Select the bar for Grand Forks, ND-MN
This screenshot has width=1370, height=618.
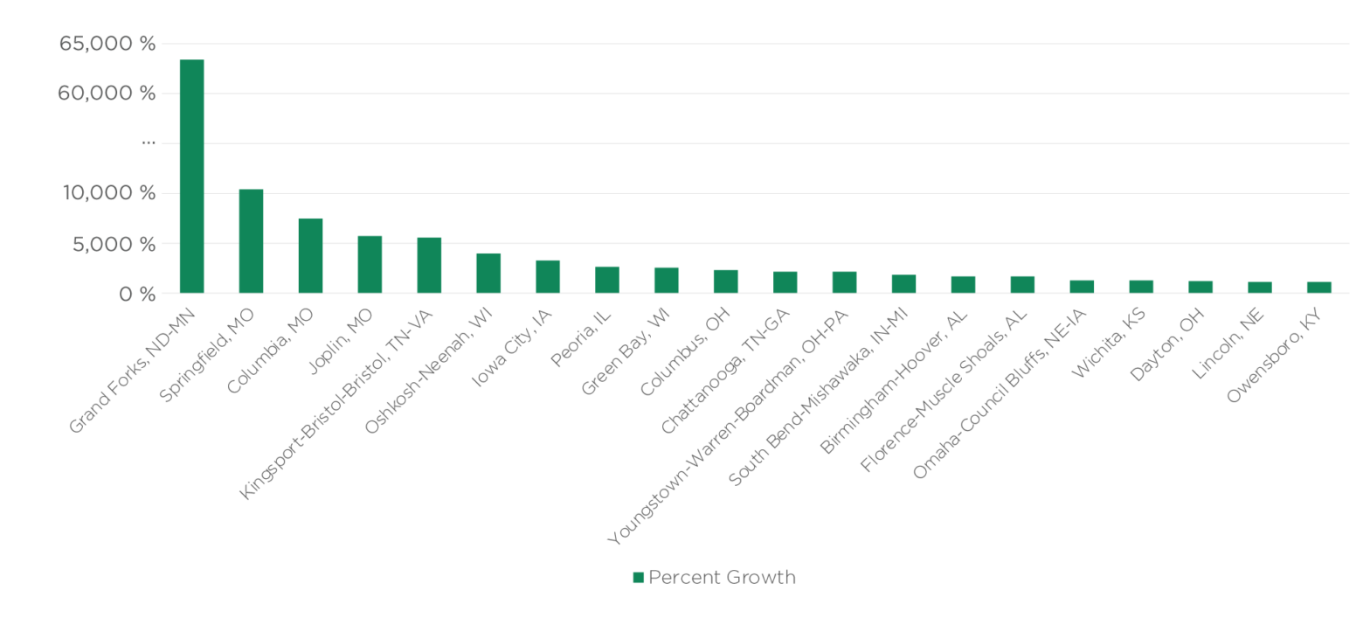coord(191,176)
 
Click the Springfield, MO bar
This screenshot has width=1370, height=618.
coord(251,240)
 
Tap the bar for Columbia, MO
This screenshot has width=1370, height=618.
coord(310,255)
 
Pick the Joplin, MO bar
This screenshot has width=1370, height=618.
coord(370,264)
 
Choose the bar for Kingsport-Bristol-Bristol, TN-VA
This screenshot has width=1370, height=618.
coord(429,265)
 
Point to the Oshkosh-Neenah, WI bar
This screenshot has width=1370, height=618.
coord(488,273)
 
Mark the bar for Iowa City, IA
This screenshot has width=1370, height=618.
coord(548,276)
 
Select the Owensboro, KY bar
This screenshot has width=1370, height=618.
coord(1319,287)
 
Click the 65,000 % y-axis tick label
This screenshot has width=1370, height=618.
coord(107,44)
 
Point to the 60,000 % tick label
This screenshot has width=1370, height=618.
coord(107,94)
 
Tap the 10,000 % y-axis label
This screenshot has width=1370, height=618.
coord(108,193)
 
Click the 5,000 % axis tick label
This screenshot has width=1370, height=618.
coord(114,244)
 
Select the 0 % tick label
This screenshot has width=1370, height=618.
coord(137,295)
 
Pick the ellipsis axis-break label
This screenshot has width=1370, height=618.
coord(149,142)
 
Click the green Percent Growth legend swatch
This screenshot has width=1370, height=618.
coord(639,578)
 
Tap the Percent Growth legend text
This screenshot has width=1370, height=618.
coord(722,578)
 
